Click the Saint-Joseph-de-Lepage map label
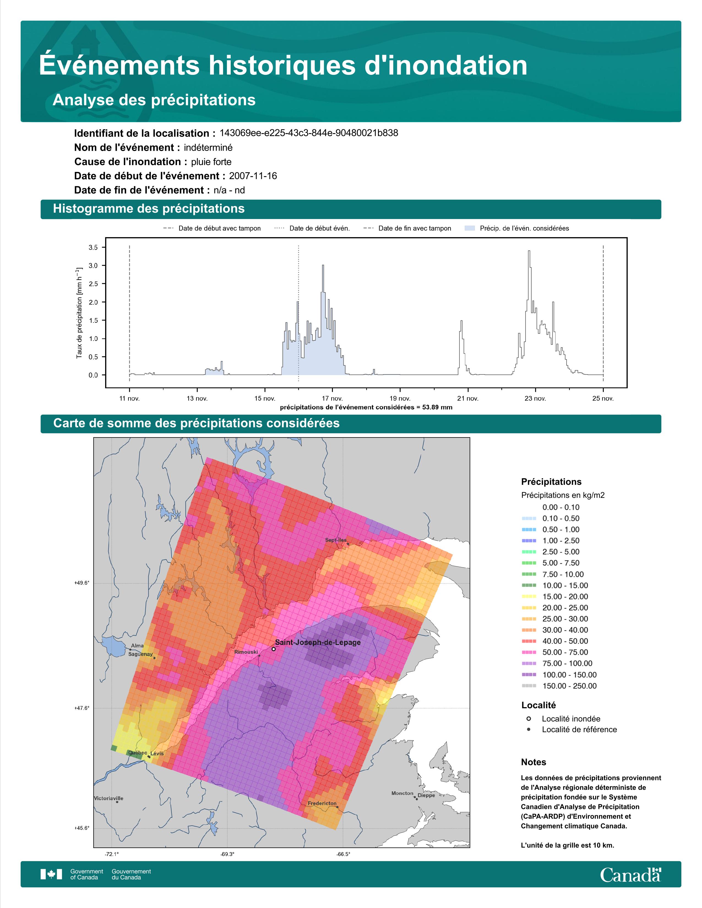coord(318,642)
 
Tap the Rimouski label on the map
coord(246,652)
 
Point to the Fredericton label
coord(322,803)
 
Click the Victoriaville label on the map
coord(108,798)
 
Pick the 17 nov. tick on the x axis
coord(332,398)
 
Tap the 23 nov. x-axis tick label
coord(535,398)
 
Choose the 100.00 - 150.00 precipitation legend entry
coord(569,675)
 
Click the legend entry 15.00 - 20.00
coord(565,597)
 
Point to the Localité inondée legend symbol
coord(529,718)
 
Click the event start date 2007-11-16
coord(253,176)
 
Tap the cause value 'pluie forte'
coord(211,162)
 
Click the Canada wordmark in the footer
coord(630,874)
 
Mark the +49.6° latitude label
coord(82,583)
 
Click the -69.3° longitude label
coord(227,854)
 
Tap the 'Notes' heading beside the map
coord(534,762)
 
